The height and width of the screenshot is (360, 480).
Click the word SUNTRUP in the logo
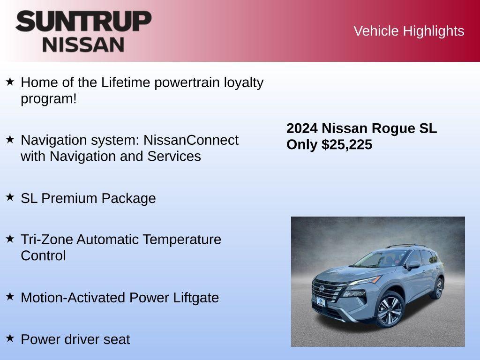[x=83, y=21]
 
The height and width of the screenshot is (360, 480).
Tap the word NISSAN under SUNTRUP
[x=83, y=45]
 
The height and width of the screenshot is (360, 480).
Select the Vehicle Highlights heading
[x=409, y=31]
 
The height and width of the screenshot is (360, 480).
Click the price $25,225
[x=347, y=145]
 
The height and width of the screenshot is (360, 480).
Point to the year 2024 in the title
[x=302, y=128]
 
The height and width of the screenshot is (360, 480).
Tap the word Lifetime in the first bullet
[x=126, y=82]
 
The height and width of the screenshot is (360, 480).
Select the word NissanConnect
[x=191, y=140]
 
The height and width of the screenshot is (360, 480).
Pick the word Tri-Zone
[x=47, y=240]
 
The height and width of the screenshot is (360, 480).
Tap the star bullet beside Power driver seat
[x=10, y=337]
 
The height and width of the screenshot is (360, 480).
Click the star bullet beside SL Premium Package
[x=10, y=197]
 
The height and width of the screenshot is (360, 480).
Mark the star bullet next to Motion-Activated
[x=10, y=296]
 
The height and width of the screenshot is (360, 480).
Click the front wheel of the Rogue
[x=389, y=310]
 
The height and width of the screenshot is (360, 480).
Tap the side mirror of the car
[x=413, y=265]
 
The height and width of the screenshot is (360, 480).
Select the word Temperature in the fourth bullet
[x=182, y=240]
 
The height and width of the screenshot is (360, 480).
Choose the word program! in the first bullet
[x=48, y=99]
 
